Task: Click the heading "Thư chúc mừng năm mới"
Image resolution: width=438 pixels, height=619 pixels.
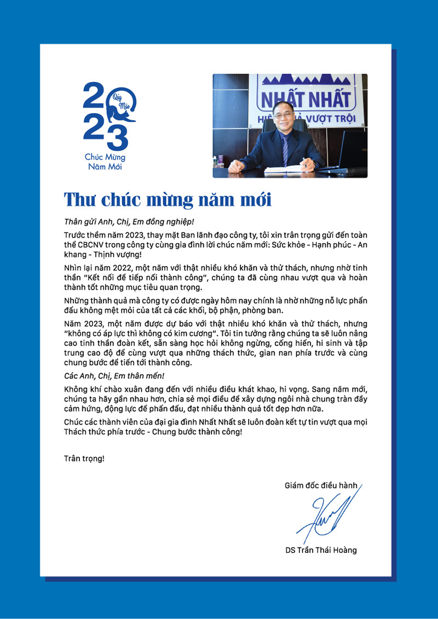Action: [x=168, y=199]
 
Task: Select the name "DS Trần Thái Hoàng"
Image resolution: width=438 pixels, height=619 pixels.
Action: [x=321, y=550]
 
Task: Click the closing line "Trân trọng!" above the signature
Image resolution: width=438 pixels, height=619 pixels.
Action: [x=84, y=458]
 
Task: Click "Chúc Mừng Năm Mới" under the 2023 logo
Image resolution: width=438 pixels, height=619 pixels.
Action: [x=105, y=162]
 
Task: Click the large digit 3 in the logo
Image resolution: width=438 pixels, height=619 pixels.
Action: [x=117, y=137]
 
